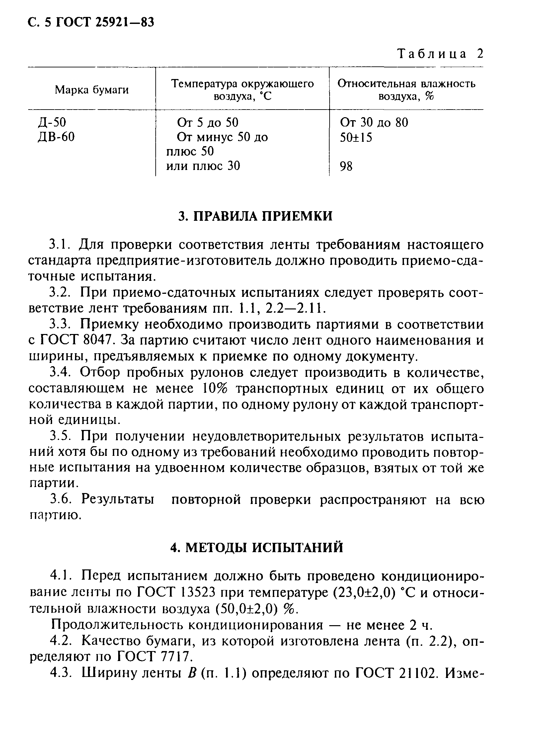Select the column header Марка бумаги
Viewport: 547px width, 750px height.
pyautogui.click(x=92, y=90)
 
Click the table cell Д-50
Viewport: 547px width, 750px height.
pyautogui.click(x=52, y=123)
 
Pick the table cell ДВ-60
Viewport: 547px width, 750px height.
pyautogui.click(x=56, y=137)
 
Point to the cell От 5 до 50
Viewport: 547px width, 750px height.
pyautogui.click(x=207, y=123)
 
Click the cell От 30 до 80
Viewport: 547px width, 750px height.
pyautogui.click(x=374, y=123)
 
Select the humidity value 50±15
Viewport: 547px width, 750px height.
pyautogui.click(x=356, y=137)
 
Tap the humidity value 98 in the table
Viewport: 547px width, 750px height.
pyautogui.click(x=346, y=166)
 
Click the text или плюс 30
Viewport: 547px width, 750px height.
pyautogui.click(x=203, y=166)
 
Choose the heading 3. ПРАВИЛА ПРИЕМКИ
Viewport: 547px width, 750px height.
pyautogui.click(x=255, y=216)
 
